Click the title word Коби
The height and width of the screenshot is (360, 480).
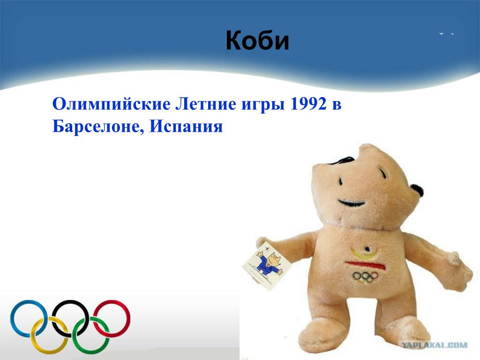click(x=257, y=40)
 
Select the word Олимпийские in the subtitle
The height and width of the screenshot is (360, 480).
click(x=112, y=104)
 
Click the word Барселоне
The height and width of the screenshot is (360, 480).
click(x=98, y=126)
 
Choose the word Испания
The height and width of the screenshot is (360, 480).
click(x=186, y=126)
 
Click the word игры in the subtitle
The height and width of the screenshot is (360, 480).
click(x=263, y=105)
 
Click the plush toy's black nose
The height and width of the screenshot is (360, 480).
click(x=417, y=190)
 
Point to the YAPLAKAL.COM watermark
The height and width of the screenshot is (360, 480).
click(x=435, y=345)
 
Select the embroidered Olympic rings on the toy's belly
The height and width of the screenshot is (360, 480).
click(x=365, y=277)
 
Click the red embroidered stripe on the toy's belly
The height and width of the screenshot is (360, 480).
click(x=366, y=265)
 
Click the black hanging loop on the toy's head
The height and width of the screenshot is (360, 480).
click(x=343, y=160)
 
